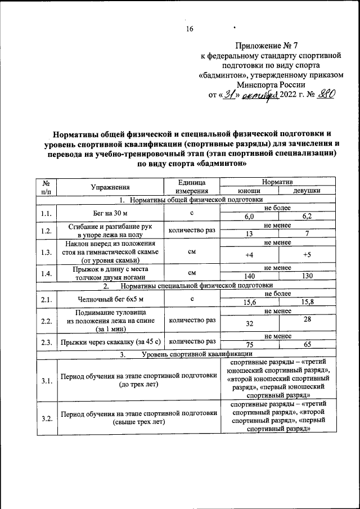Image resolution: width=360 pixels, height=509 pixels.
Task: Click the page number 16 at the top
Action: click(x=190, y=29)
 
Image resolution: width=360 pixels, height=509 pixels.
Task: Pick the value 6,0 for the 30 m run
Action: click(x=249, y=216)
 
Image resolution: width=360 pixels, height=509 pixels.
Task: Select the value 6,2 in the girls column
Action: click(x=307, y=216)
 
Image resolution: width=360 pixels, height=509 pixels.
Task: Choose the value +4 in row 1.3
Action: click(x=249, y=255)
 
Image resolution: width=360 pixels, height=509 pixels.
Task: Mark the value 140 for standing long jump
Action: click(x=249, y=276)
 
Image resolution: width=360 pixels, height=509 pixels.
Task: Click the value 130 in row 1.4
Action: click(x=307, y=276)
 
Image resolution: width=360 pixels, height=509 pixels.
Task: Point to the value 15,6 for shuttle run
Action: click(x=249, y=302)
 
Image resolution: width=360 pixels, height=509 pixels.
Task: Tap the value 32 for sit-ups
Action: click(x=249, y=323)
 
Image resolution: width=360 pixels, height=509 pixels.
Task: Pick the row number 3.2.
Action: click(x=47, y=418)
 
